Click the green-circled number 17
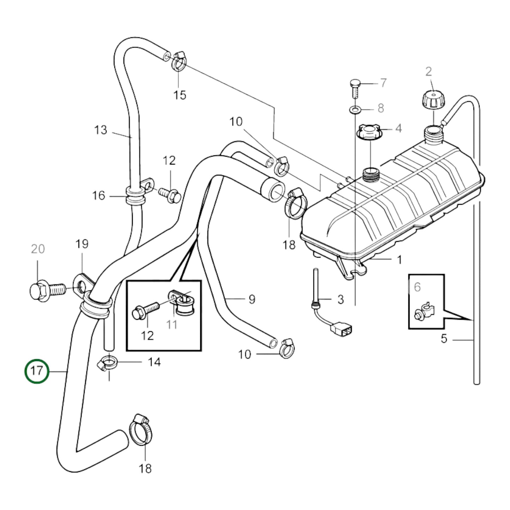37,371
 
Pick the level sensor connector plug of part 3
341,330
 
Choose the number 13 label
101,130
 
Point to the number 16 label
99,195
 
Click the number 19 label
82,244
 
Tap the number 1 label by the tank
399,260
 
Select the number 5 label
444,339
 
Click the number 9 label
252,299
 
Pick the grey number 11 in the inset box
172,324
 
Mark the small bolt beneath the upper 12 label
171,194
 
